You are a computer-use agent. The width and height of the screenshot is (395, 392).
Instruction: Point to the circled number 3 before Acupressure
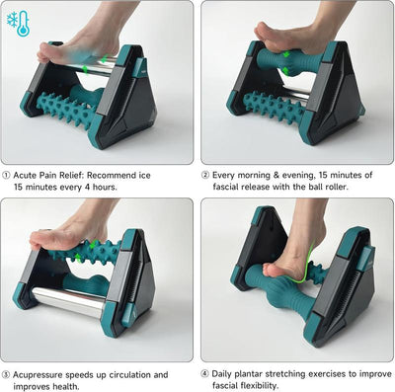[7, 374]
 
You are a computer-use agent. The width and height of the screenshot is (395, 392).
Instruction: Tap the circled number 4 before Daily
[207, 374]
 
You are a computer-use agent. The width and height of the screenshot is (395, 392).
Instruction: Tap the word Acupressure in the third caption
[44, 374]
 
